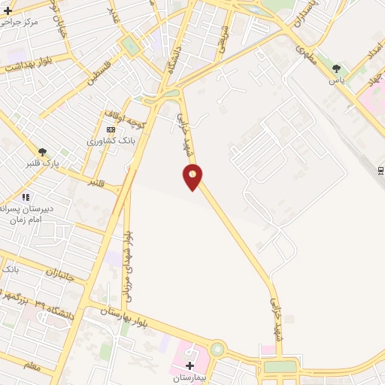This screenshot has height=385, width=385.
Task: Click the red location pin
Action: coord(192,177)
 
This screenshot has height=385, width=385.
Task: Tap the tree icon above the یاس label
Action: coord(336,68)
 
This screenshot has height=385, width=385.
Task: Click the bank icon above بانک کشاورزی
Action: coord(111,130)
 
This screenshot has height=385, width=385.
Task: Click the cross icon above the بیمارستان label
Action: coord(189,365)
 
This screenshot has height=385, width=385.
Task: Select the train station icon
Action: coord(380,171)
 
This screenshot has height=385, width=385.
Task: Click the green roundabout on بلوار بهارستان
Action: coord(217,349)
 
